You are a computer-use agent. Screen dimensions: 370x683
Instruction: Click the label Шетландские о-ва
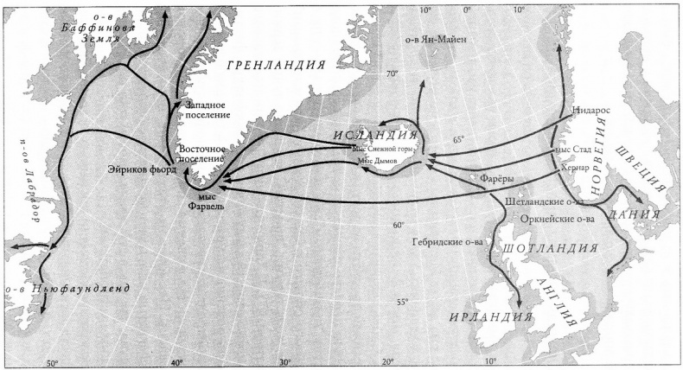(x=545, y=201)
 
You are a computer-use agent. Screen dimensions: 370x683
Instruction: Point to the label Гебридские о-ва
(x=447, y=242)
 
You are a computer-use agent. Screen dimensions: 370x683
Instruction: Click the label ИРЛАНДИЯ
(x=489, y=317)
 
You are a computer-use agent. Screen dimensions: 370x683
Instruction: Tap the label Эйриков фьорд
(x=141, y=169)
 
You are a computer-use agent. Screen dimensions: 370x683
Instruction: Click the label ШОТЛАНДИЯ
(x=549, y=250)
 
